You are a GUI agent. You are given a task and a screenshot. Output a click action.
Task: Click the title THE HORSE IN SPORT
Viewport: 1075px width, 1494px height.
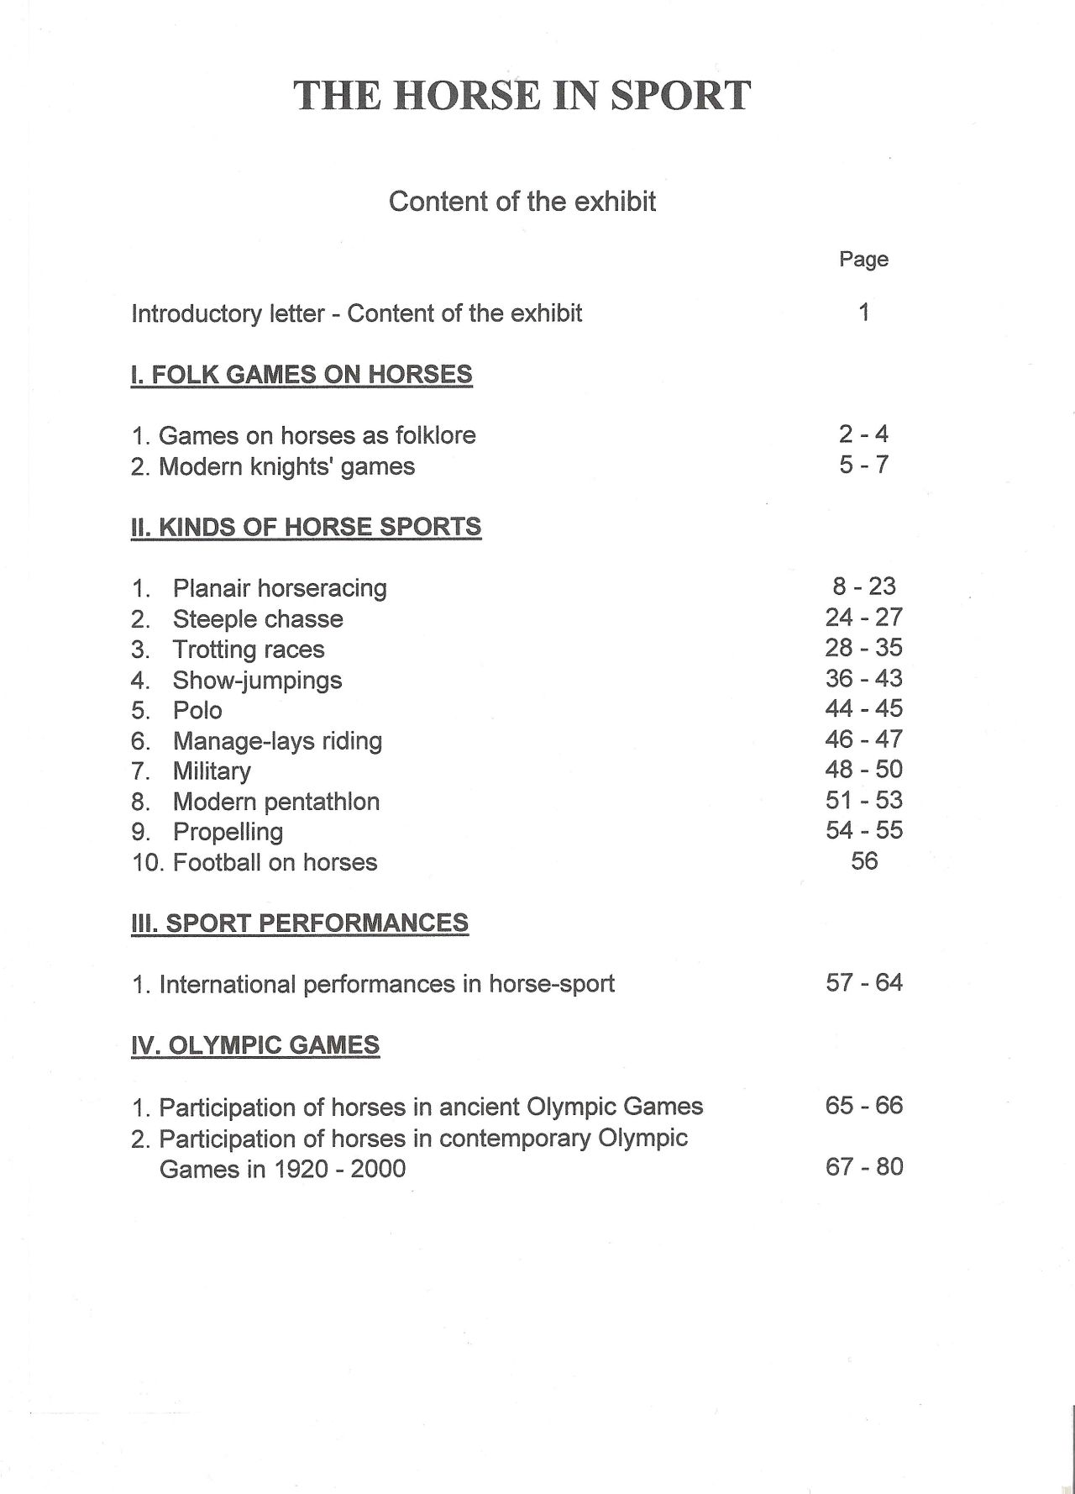[x=522, y=96]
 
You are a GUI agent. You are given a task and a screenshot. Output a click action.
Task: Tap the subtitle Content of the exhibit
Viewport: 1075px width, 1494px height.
[x=522, y=202]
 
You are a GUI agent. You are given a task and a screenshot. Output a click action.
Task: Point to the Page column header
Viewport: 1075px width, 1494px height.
[x=863, y=259]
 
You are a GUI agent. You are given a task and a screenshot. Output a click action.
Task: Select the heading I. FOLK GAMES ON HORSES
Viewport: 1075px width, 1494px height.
[x=302, y=374]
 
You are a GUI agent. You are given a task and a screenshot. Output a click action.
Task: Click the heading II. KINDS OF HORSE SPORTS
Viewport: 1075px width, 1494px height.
[x=306, y=527]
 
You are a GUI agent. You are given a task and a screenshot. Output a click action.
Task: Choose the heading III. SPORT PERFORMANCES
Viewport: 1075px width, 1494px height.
[x=300, y=923]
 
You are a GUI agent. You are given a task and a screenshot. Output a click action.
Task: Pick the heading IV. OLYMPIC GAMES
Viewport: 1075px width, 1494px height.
[x=255, y=1045]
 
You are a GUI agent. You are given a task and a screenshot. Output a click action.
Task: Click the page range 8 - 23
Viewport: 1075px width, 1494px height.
[x=863, y=587]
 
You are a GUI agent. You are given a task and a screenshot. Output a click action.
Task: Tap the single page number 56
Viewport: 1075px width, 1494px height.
[x=863, y=861]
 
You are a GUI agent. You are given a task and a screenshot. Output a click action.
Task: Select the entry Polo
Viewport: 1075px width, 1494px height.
[x=197, y=711]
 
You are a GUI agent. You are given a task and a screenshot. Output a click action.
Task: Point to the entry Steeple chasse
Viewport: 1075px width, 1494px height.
[x=258, y=619]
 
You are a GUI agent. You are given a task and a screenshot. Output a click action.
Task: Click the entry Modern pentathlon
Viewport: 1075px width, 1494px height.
[x=275, y=802]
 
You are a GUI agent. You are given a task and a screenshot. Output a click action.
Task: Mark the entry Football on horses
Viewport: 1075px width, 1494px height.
[x=275, y=862]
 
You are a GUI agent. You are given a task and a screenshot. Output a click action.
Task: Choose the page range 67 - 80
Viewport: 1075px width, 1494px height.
[x=863, y=1167]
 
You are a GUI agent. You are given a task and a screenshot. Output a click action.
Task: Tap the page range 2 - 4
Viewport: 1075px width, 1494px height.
[x=863, y=434]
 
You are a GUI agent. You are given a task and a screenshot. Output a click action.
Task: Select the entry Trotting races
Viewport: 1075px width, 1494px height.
[x=249, y=650]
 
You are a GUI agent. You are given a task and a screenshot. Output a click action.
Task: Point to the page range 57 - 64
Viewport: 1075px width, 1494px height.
[x=863, y=983]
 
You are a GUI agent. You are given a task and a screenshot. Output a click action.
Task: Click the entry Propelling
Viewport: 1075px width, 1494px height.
[x=228, y=832]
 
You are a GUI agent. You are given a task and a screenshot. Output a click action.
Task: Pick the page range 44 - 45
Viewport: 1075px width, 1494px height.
[x=863, y=708]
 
